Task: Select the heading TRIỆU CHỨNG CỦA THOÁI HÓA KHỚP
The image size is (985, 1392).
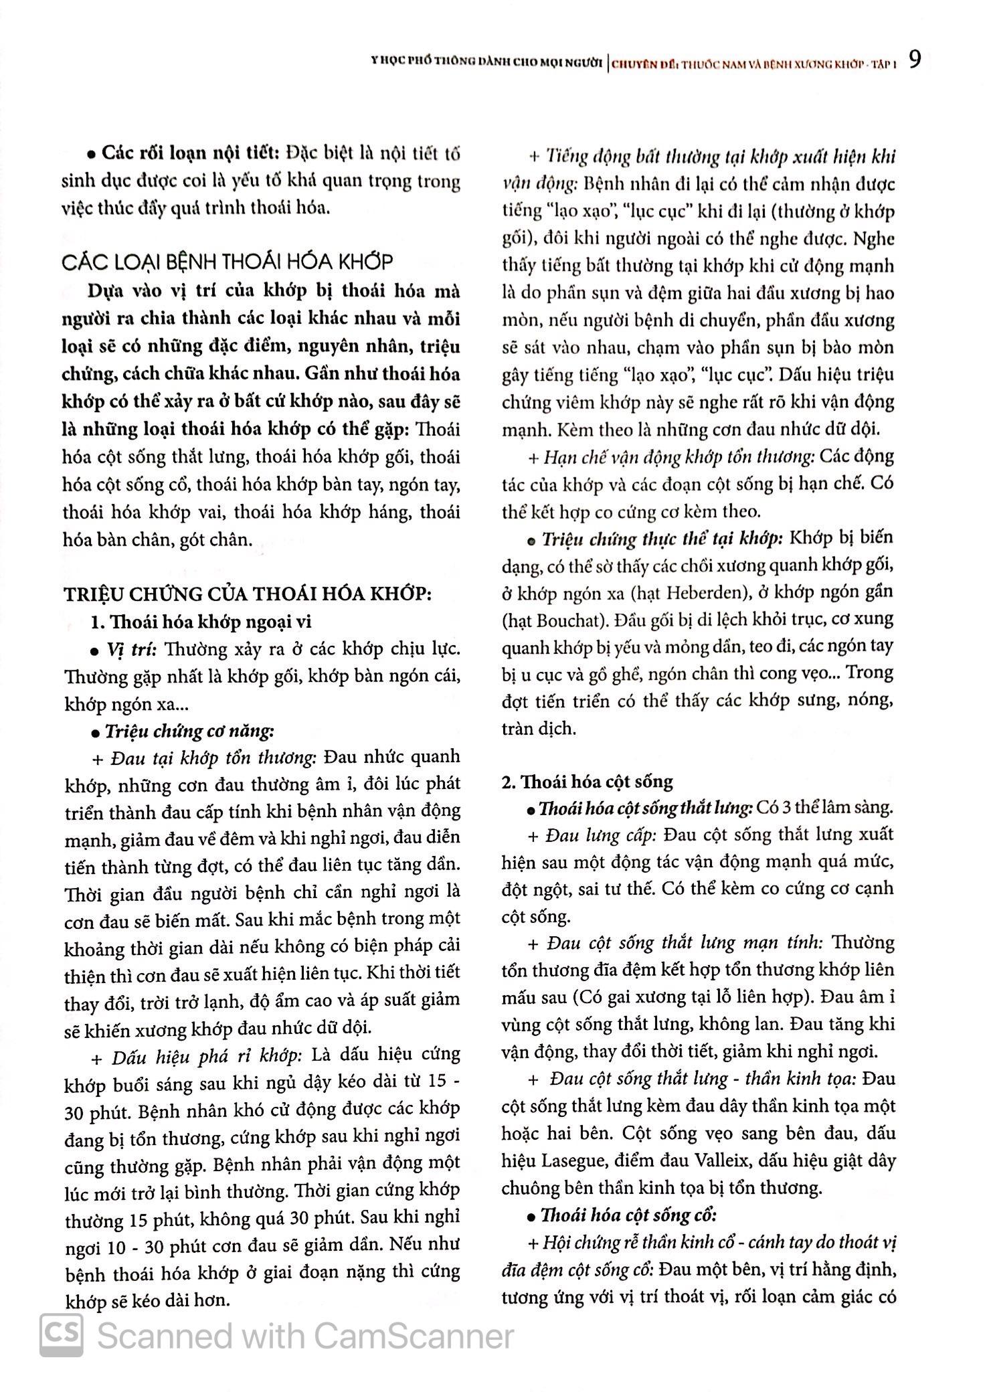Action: [x=247, y=594]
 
